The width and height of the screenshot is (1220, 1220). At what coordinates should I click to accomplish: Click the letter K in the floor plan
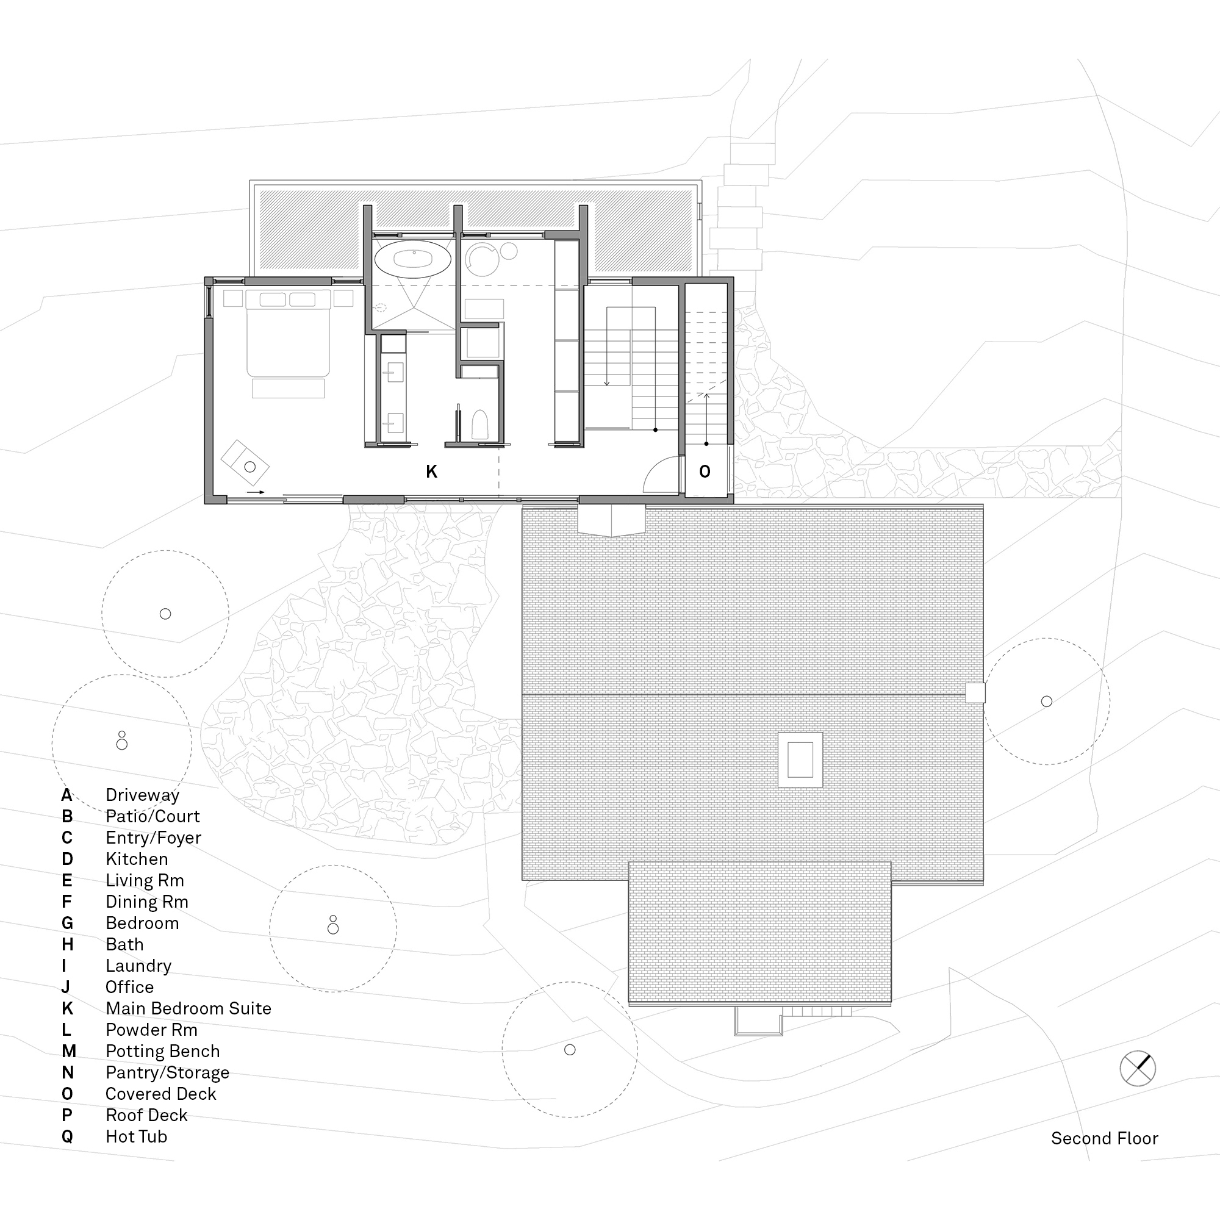tap(431, 471)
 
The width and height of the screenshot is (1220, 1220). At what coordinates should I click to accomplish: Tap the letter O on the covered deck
tap(705, 471)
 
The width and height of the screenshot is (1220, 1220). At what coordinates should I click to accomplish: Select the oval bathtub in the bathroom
tap(413, 259)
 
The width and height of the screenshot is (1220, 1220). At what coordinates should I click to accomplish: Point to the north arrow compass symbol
tap(1137, 1069)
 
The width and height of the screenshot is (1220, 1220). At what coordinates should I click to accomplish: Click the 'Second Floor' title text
tap(1105, 1138)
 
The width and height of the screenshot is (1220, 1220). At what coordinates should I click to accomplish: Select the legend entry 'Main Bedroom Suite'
tap(188, 1008)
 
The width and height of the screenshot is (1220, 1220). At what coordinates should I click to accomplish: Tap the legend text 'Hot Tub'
tap(137, 1136)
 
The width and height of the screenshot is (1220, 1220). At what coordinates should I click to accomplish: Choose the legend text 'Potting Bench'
tap(163, 1051)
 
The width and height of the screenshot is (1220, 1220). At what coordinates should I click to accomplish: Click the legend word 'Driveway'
tap(143, 795)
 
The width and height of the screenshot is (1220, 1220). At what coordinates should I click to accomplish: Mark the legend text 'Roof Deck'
tap(146, 1114)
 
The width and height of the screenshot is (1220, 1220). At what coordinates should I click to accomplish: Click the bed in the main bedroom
tap(288, 334)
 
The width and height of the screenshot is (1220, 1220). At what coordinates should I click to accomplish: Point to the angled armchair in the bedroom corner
tap(245, 463)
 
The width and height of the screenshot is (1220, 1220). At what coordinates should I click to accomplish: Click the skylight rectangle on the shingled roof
tap(800, 759)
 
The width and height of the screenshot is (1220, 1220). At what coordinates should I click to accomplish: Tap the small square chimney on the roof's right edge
tap(975, 693)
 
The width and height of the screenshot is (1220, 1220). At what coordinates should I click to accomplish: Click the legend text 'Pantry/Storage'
tap(167, 1072)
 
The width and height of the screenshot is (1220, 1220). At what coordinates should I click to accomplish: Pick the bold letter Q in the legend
tap(67, 1136)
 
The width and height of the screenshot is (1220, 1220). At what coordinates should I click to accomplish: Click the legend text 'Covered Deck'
tap(161, 1093)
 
